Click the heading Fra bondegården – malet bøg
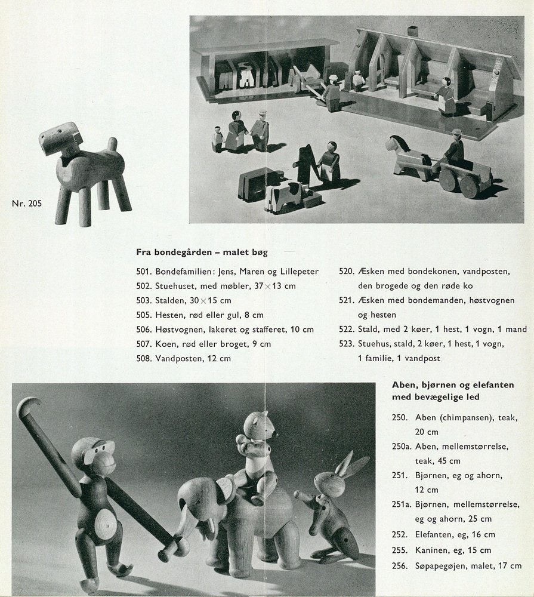pyautogui.click(x=202, y=252)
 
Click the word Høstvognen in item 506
pyautogui.click(x=180, y=329)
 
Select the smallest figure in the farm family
pyautogui.click(x=217, y=139)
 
